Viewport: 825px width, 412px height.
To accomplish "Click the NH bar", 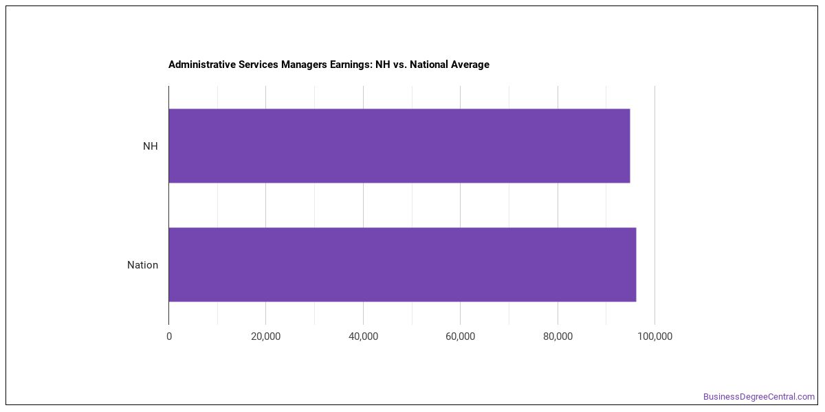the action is point(399,146).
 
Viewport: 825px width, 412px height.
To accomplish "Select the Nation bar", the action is point(403,264).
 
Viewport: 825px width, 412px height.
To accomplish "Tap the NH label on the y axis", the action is point(151,146).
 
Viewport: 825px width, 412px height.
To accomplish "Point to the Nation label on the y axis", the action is point(142,265).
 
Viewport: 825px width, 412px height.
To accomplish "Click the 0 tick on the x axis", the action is point(169,336).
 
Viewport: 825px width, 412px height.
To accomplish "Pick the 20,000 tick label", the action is point(265,336).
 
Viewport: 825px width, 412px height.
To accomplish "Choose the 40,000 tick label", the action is point(363,336).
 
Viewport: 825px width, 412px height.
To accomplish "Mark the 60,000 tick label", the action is point(461,336).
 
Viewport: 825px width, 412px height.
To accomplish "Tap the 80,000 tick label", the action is point(558,336).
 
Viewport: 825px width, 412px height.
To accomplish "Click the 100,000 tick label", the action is point(654,336).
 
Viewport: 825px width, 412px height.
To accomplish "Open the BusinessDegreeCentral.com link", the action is point(759,397).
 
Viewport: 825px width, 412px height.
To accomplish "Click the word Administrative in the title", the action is point(202,65).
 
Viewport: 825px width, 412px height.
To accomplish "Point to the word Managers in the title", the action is point(304,65).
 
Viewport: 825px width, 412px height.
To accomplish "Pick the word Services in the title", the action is point(258,65).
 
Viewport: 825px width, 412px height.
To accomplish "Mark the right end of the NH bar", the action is point(630,146).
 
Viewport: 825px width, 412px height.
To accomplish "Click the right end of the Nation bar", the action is point(636,264).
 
